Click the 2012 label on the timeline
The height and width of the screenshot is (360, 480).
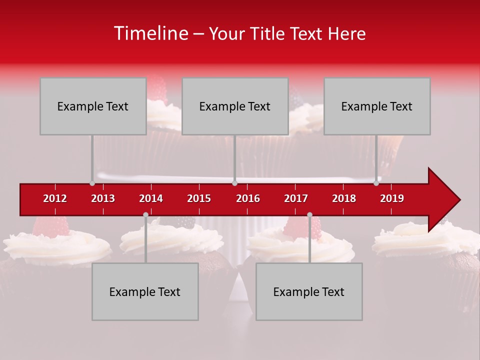(x=55, y=198)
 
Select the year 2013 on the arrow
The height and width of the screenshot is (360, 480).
(x=103, y=198)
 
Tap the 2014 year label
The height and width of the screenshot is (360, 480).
(x=151, y=198)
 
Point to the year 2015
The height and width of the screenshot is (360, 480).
(x=199, y=198)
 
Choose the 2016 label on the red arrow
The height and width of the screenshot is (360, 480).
(x=248, y=198)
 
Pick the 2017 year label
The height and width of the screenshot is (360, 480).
(x=296, y=198)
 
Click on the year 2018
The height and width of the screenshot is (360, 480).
(x=344, y=198)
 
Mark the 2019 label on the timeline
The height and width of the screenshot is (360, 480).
(x=392, y=198)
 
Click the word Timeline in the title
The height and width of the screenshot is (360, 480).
(x=150, y=33)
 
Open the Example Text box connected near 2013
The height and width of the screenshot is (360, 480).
(x=93, y=106)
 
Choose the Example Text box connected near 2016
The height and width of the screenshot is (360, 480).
(x=235, y=106)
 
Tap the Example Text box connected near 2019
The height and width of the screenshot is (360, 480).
(x=377, y=106)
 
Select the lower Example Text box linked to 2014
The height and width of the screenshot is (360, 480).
(x=145, y=291)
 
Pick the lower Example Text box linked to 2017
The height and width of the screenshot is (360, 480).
(x=309, y=291)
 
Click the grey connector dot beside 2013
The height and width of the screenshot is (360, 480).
(x=92, y=183)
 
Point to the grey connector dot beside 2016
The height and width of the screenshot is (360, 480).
(x=234, y=183)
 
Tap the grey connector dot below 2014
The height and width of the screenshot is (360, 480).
(x=145, y=214)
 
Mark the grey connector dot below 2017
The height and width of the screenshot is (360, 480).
(x=309, y=214)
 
